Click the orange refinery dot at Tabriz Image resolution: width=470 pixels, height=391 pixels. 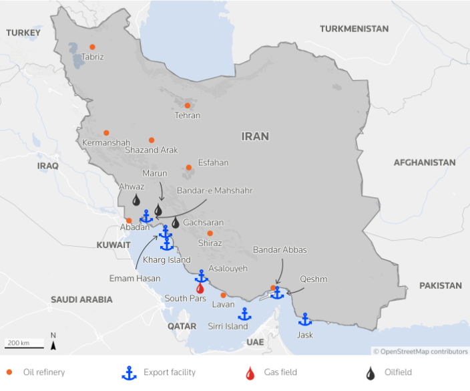pyautogui.click(x=92, y=47)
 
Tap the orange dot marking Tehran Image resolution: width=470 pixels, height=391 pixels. pyautogui.click(x=188, y=105)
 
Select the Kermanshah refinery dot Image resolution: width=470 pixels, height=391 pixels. pyautogui.click(x=105, y=133)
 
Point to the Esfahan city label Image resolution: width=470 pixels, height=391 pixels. pyautogui.click(x=213, y=162)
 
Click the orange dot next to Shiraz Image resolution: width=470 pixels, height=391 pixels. pyautogui.click(x=210, y=233)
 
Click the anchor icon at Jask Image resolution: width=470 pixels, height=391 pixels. pyautogui.click(x=305, y=319)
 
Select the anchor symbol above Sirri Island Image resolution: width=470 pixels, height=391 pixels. pyautogui.click(x=244, y=313)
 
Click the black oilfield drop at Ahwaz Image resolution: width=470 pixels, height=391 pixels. pyautogui.click(x=136, y=200)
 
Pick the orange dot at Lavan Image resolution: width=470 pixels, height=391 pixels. pyautogui.click(x=223, y=295)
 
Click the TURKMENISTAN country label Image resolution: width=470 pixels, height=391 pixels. pyautogui.click(x=354, y=29)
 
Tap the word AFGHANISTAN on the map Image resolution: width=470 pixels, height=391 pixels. pyautogui.click(x=425, y=162)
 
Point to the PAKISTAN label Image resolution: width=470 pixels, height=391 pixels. pyautogui.click(x=440, y=285)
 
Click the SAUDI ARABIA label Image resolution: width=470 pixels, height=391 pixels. pyautogui.click(x=81, y=299)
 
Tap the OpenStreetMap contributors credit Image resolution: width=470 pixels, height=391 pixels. pyautogui.click(x=421, y=351)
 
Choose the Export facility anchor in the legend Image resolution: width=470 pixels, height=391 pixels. pyautogui.click(x=129, y=373)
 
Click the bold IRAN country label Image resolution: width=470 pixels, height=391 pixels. pyautogui.click(x=255, y=136)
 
